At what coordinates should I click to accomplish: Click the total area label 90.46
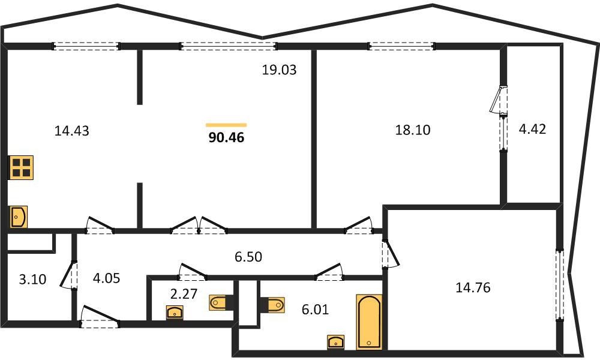226,137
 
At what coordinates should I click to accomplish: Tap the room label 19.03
279,70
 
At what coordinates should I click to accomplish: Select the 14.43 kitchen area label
71,131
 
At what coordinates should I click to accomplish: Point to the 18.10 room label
413,130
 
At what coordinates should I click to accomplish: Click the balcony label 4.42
532,130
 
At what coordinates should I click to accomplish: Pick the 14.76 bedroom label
473,287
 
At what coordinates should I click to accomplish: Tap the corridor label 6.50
248,257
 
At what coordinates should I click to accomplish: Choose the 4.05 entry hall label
106,278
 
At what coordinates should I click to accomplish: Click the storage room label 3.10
32,279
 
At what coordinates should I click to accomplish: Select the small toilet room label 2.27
184,294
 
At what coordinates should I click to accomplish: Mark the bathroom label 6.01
315,309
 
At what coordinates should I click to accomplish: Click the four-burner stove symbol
21,167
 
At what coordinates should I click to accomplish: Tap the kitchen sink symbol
18,217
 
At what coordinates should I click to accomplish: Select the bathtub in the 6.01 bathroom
369,322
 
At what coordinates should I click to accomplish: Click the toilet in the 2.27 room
221,303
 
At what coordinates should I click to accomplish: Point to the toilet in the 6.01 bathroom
273,305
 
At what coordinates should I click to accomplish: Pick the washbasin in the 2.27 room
175,313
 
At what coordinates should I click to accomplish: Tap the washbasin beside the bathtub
335,342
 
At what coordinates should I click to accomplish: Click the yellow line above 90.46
226,125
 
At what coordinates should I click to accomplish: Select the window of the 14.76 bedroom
560,285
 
